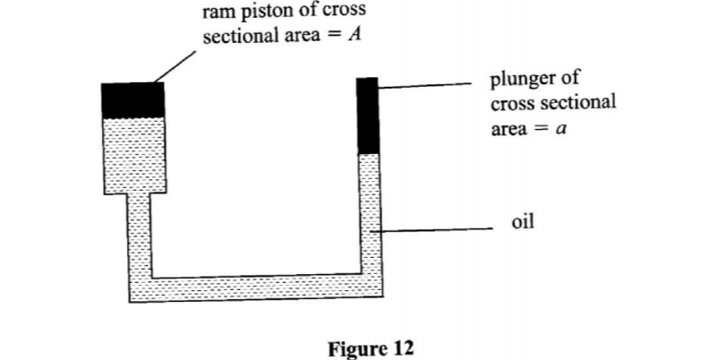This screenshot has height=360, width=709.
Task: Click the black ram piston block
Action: click(x=133, y=99)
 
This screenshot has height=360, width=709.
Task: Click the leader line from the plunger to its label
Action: click(x=430, y=86)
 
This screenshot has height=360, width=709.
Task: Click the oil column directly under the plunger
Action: click(x=368, y=215)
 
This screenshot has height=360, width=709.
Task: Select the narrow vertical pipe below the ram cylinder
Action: click(x=139, y=237)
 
